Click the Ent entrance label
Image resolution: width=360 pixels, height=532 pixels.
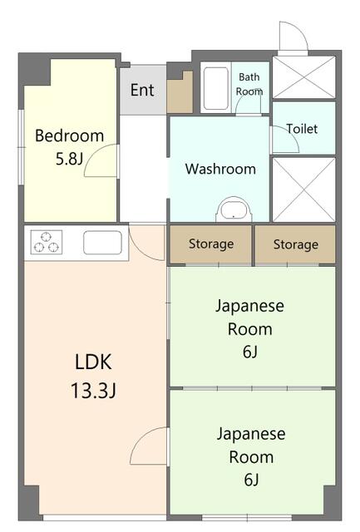click(142, 90)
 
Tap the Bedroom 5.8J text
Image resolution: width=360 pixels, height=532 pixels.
click(70, 147)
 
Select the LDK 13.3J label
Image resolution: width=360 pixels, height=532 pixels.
click(93, 376)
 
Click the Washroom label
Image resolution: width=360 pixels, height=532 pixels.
click(220, 169)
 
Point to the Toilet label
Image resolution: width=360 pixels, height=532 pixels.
click(302, 129)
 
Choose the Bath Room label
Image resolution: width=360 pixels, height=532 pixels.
click(249, 84)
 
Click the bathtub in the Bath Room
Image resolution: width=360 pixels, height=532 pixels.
click(216, 88)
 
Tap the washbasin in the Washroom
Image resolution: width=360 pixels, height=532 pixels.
click(234, 210)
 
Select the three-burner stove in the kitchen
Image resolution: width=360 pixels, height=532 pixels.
click(47, 242)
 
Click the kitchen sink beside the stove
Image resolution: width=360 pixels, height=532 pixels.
click(102, 242)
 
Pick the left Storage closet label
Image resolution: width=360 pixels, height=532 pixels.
click(211, 244)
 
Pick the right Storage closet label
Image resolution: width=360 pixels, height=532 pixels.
click(296, 244)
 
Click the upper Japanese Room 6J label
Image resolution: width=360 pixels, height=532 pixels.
click(250, 328)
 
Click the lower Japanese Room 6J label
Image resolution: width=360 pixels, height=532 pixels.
click(251, 456)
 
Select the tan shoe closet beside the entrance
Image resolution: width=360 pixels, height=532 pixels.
click(180, 93)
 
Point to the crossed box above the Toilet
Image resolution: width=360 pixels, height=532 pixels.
click(304, 77)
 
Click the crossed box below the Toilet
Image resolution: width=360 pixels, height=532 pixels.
click(304, 190)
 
